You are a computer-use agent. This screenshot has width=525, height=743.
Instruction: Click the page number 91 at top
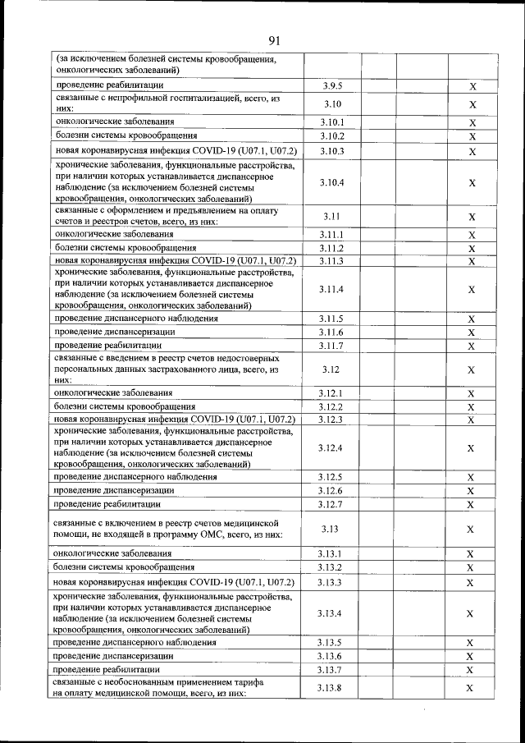[274, 39]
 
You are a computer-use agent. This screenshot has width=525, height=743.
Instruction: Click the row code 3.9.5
[331, 86]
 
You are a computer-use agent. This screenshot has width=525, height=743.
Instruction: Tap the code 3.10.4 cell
[331, 182]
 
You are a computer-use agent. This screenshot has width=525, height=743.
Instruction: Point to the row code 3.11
[331, 217]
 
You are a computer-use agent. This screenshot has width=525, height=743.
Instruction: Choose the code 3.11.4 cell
[331, 289]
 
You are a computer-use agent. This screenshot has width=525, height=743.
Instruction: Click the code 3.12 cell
[331, 369]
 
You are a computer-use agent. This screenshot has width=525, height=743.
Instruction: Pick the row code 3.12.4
[331, 447]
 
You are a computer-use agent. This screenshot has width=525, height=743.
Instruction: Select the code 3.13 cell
[331, 530]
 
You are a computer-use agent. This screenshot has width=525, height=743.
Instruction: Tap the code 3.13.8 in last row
[331, 687]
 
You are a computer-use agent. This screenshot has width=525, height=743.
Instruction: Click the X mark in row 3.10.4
[472, 182]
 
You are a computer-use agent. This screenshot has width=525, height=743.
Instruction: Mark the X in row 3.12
[472, 369]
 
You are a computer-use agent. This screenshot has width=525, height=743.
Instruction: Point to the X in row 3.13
[472, 530]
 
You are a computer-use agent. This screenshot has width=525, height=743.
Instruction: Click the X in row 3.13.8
[472, 687]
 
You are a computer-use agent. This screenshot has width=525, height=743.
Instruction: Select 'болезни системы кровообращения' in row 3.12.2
[125, 406]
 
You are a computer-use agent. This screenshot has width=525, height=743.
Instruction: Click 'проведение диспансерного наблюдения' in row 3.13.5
[136, 642]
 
